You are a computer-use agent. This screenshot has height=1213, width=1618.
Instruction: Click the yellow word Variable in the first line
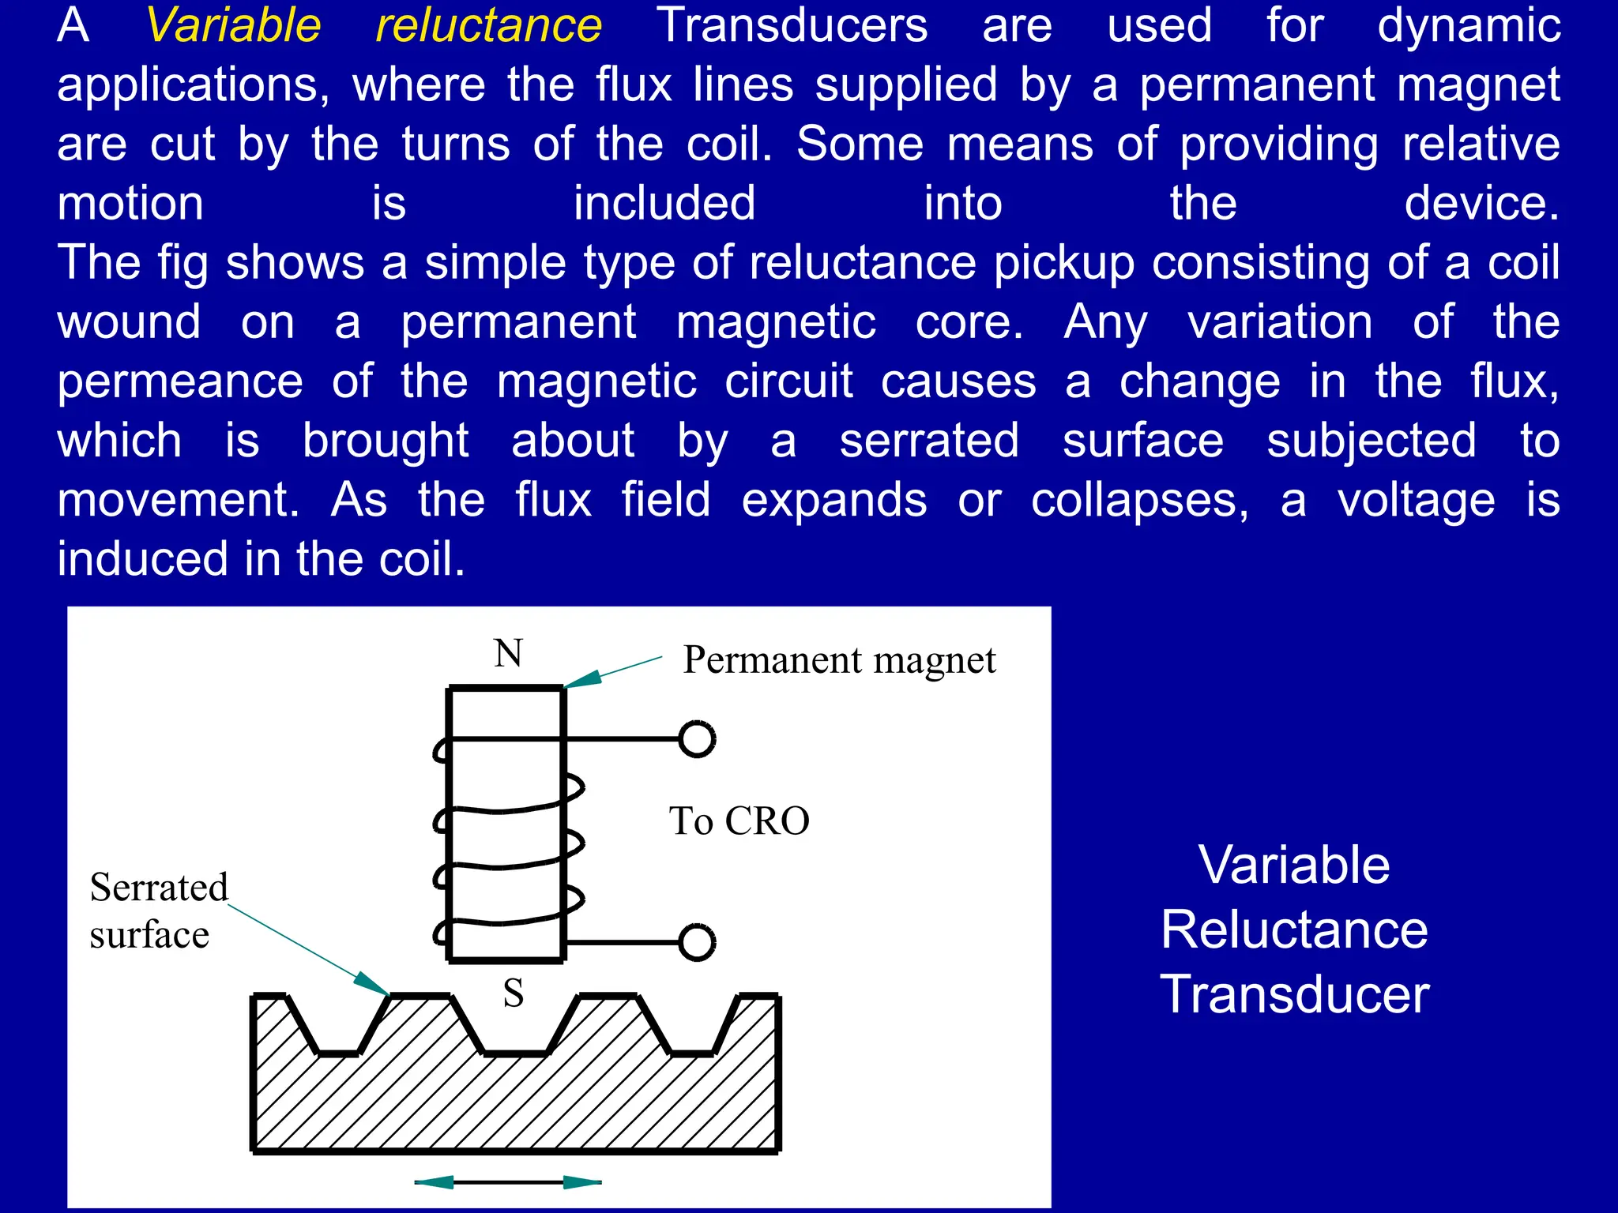[x=234, y=25]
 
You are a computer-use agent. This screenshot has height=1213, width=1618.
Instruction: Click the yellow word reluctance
[x=488, y=25]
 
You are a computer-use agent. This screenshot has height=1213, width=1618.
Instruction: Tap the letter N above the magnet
[x=508, y=653]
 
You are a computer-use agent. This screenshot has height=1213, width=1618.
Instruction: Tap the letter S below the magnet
[x=514, y=993]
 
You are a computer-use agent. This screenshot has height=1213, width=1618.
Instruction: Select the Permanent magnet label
[x=839, y=660]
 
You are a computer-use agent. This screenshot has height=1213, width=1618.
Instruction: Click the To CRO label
[x=739, y=821]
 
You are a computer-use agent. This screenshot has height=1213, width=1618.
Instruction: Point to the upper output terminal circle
[x=697, y=739]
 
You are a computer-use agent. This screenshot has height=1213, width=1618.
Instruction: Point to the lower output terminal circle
[x=697, y=942]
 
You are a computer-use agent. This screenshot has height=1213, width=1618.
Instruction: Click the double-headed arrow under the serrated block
[x=508, y=1182]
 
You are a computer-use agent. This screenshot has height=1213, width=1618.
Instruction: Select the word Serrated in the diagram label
[x=159, y=888]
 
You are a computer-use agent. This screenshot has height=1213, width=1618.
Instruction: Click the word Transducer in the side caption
[x=1294, y=994]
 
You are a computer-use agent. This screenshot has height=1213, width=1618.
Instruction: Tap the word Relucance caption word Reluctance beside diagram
[x=1294, y=929]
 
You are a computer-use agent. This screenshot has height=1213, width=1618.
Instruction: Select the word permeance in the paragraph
[x=180, y=382]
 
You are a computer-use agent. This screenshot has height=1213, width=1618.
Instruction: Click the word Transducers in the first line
[x=792, y=25]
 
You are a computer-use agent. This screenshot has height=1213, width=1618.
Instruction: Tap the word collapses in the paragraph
[x=1139, y=501]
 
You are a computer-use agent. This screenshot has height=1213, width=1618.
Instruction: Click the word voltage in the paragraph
[x=1416, y=501]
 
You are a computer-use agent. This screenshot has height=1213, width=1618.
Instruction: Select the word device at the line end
[x=1481, y=204]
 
